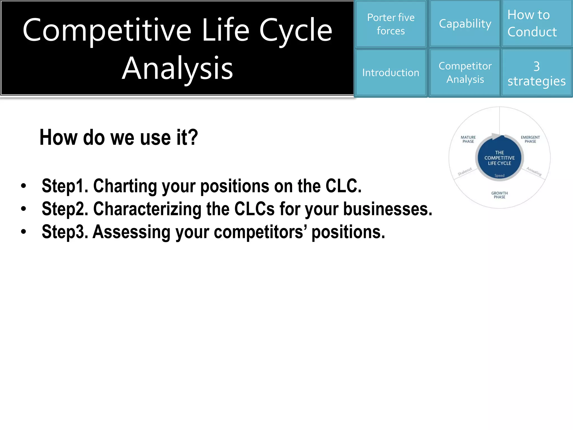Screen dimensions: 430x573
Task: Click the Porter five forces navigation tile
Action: tap(391, 24)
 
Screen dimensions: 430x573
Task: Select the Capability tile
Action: tap(465, 24)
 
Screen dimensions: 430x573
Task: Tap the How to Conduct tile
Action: tap(536, 23)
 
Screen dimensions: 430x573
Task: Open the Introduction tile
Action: tap(391, 73)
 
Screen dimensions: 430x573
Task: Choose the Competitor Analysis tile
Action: tap(465, 73)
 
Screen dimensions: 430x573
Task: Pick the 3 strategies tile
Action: tap(536, 73)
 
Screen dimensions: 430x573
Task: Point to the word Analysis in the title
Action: tap(177, 68)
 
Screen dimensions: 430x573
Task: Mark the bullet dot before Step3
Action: tap(24, 232)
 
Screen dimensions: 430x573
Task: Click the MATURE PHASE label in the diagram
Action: tap(468, 139)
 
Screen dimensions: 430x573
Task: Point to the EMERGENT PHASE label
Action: tap(530, 139)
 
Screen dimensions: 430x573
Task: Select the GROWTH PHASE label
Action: tap(499, 195)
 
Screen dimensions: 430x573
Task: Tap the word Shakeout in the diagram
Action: tap(465, 171)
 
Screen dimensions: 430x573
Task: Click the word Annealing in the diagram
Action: tap(534, 171)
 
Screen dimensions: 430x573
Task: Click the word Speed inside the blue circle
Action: tap(499, 176)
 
